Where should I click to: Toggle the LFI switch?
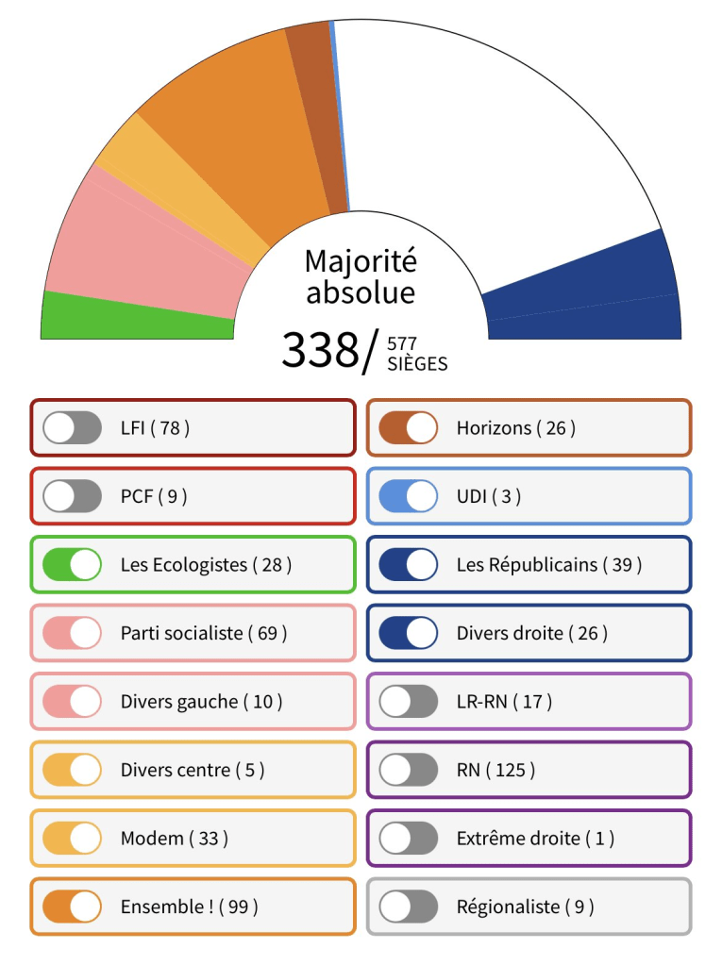(73, 428)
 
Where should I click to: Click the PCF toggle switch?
(73, 496)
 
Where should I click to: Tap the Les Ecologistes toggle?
(73, 564)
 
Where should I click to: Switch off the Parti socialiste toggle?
(73, 633)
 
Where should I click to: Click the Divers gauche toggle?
(73, 701)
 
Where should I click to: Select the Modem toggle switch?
(73, 838)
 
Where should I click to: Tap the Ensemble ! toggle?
(73, 907)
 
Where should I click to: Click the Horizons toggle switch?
(408, 428)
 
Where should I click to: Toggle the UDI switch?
(408, 496)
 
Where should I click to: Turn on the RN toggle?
(408, 770)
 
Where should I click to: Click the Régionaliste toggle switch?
(408, 907)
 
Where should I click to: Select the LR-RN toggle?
(408, 701)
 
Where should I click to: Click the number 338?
(320, 351)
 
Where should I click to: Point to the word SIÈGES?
(417, 363)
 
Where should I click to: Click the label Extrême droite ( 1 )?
(535, 838)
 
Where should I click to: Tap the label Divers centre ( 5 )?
(193, 770)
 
